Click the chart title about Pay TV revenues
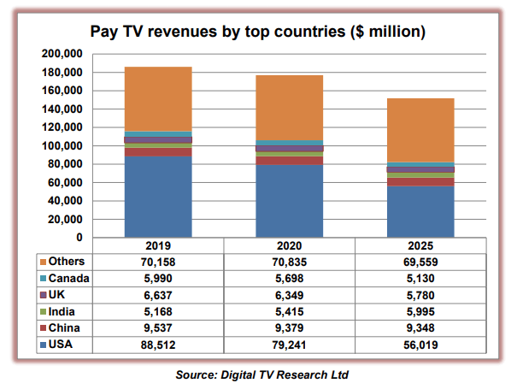258,32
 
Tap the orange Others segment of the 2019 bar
158,98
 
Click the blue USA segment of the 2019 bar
158,197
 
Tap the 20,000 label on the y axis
63,219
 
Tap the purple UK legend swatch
43,294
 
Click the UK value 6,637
158,294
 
